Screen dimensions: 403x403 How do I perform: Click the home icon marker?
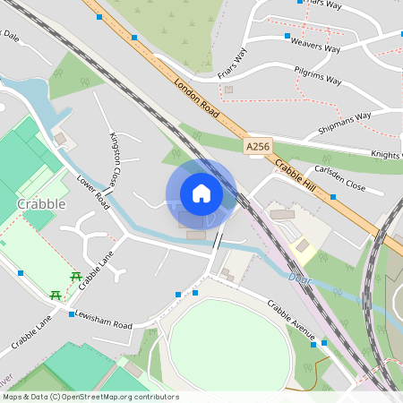tap(201, 193)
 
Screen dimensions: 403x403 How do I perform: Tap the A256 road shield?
tap(256, 143)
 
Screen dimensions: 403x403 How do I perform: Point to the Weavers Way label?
tap(316, 47)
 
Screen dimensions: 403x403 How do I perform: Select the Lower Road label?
tap(92, 192)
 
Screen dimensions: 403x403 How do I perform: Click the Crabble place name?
tap(41, 204)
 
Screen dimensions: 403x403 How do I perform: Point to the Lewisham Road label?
tap(104, 320)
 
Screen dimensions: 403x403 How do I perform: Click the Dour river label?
tap(299, 279)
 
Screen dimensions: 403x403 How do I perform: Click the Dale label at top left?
tap(10, 38)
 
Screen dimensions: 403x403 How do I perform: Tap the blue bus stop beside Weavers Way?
tap(287, 37)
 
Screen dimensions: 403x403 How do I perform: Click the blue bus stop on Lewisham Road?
tap(72, 314)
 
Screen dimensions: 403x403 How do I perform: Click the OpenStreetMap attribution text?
tap(90, 397)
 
